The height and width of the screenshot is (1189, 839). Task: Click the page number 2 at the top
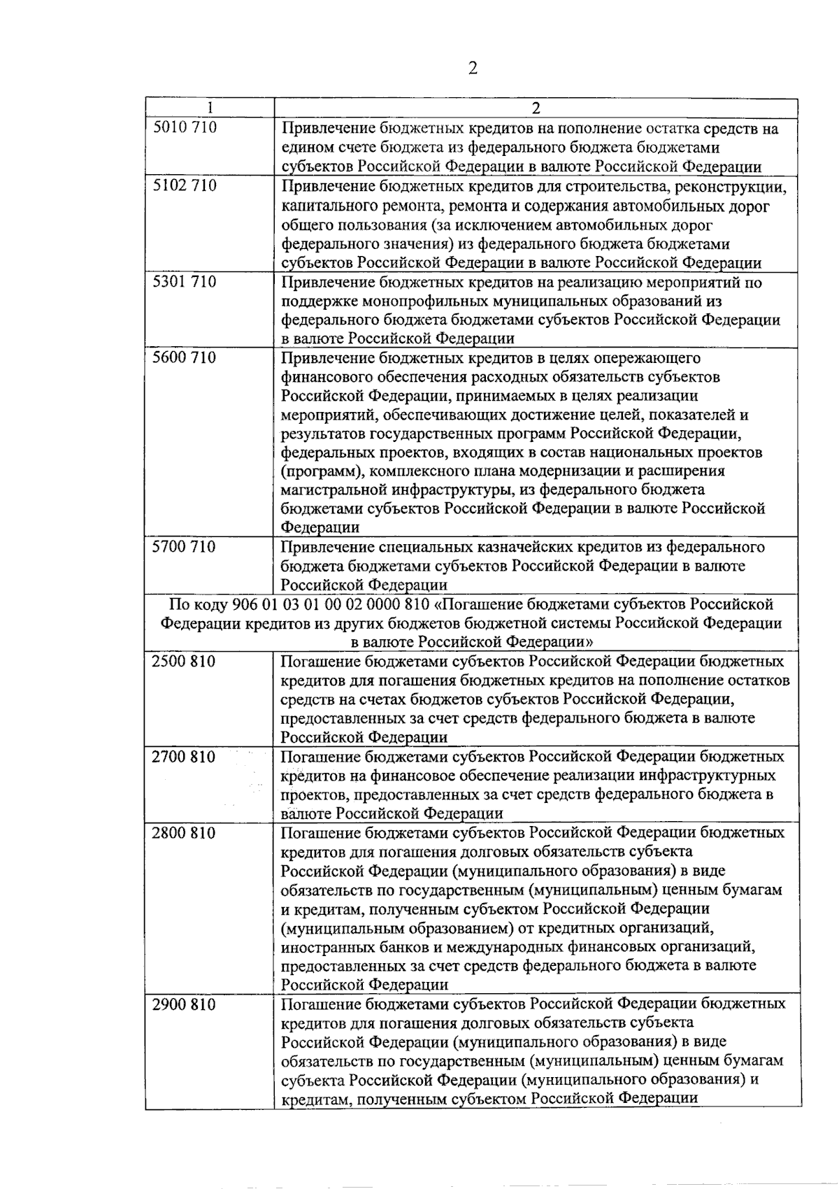(x=473, y=69)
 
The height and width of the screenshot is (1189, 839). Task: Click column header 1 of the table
(x=210, y=108)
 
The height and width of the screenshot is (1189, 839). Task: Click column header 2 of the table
(x=536, y=108)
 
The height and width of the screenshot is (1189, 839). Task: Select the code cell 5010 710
(x=185, y=128)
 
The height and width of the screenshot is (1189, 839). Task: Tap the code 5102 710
(x=185, y=186)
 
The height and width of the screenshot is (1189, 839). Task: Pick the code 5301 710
(x=185, y=282)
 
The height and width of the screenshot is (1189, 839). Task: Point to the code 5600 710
(x=185, y=358)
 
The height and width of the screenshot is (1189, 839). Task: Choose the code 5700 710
(x=185, y=547)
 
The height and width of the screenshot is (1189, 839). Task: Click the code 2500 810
(x=184, y=662)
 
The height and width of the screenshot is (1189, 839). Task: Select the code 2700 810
(x=184, y=757)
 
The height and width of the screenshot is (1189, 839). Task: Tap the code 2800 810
(x=184, y=833)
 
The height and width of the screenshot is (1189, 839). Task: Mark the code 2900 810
(x=184, y=1005)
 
